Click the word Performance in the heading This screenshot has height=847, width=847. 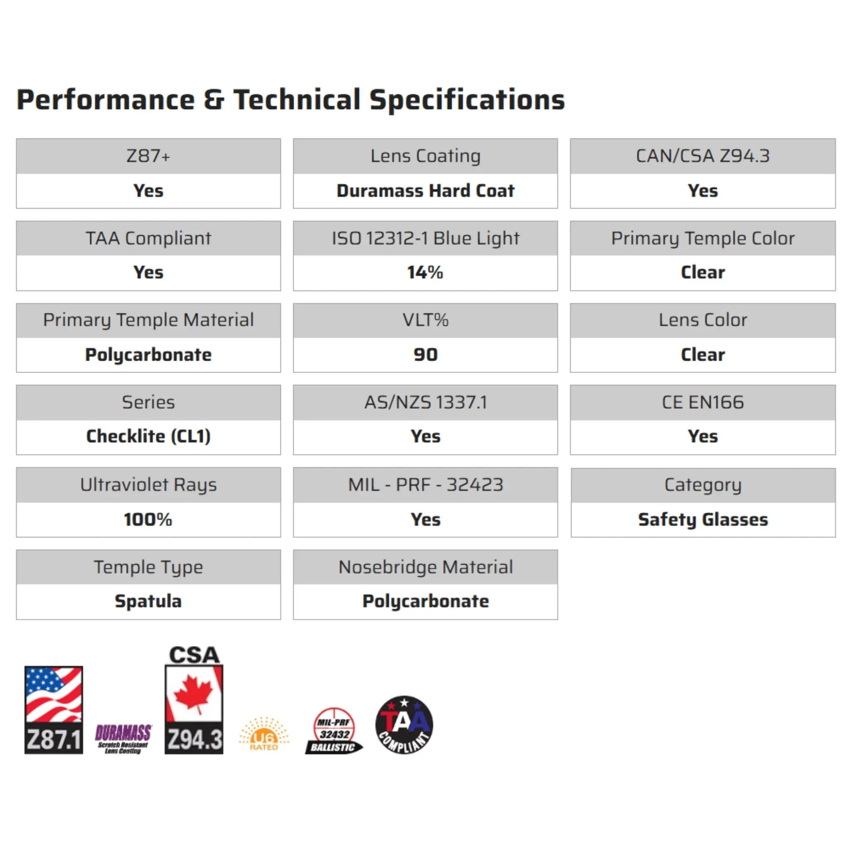(x=105, y=100)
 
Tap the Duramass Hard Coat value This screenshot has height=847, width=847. (x=425, y=191)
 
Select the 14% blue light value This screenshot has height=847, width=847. (x=425, y=272)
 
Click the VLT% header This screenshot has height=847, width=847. (x=425, y=320)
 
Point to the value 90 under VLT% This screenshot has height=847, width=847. (x=425, y=355)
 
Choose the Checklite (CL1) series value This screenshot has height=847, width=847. (x=148, y=436)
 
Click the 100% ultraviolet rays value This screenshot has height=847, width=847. (x=148, y=519)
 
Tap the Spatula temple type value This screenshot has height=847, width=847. (x=148, y=601)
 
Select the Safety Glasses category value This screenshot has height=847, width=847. (x=703, y=519)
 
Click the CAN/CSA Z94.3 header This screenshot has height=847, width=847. (x=703, y=156)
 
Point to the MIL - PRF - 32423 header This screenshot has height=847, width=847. (x=425, y=485)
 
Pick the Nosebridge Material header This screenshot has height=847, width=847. (x=425, y=567)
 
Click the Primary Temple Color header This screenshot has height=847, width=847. (x=703, y=238)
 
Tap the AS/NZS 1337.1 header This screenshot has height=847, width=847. (x=425, y=402)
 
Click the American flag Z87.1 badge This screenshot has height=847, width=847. (x=53, y=710)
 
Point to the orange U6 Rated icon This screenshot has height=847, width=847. (x=263, y=735)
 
